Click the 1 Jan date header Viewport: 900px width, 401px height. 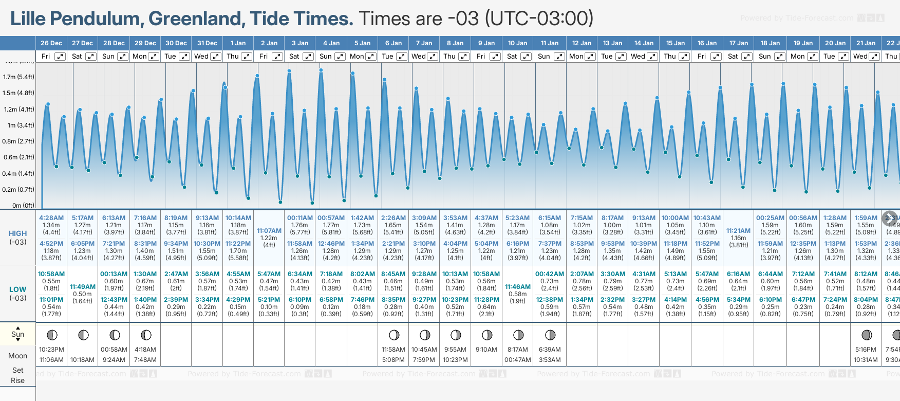tap(238, 43)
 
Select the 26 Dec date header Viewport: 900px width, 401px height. tap(51, 43)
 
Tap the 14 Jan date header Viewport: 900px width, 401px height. tap(644, 43)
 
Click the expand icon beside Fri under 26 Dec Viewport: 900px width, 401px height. tap(60, 57)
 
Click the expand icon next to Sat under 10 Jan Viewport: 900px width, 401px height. tap(526, 57)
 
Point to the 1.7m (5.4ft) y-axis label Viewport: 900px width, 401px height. tap(18, 77)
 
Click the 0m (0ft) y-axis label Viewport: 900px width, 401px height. tap(23, 206)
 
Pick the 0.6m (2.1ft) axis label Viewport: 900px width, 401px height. tap(18, 157)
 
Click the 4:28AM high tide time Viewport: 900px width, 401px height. tap(51, 218)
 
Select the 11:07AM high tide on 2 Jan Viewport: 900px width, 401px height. tap(269, 231)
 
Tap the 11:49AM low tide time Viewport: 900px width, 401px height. tap(83, 287)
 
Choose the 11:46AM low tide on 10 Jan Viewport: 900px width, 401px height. tap(518, 287)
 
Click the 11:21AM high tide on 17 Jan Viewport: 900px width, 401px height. tap(739, 231)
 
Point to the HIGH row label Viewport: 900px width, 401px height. tap(18, 233)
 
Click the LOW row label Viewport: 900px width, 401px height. tap(18, 289)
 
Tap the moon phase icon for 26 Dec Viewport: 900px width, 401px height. tap(52, 335)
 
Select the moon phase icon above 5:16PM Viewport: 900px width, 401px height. tap(867, 335)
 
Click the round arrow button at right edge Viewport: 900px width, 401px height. tap(890, 218)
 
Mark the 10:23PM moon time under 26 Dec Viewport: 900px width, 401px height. tap(51, 350)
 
